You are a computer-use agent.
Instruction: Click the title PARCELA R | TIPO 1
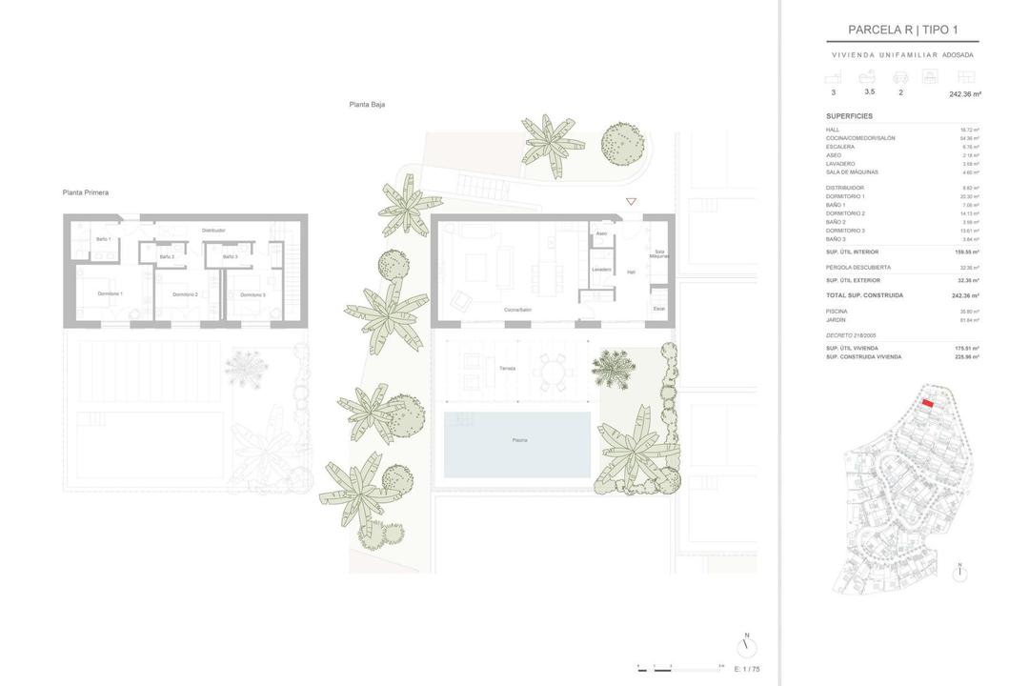(x=902, y=30)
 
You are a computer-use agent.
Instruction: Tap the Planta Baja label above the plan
(x=367, y=104)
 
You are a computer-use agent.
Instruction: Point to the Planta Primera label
(x=86, y=192)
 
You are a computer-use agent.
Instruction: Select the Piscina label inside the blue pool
(x=519, y=440)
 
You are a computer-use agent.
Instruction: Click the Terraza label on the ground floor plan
(x=507, y=368)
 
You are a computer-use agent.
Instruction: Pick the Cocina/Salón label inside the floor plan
(x=518, y=310)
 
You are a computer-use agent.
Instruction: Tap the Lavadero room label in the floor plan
(x=601, y=270)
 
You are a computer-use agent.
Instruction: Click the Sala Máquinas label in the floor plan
(x=659, y=254)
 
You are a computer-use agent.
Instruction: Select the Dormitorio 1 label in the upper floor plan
(x=111, y=293)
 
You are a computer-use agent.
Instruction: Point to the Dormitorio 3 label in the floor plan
(x=252, y=294)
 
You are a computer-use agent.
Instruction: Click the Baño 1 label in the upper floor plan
(x=103, y=238)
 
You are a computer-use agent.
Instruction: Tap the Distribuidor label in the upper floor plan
(x=213, y=230)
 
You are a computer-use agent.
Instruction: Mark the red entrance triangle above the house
(x=631, y=202)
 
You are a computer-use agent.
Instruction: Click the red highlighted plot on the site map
(x=927, y=404)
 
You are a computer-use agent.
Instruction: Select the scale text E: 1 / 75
(x=747, y=669)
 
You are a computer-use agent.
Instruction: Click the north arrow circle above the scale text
(x=747, y=648)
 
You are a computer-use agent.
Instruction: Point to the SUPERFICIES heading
(x=849, y=116)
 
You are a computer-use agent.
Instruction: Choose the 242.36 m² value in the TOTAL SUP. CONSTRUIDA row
(x=966, y=295)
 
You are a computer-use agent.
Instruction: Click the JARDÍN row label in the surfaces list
(x=837, y=320)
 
